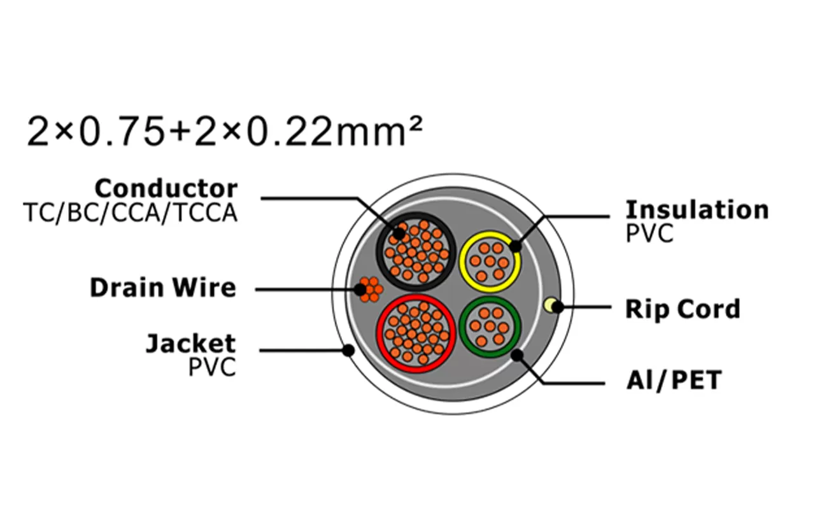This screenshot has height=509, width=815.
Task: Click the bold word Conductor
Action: tap(166, 188)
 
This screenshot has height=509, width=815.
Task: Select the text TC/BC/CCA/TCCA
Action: tap(130, 213)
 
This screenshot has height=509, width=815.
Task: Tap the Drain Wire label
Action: tap(162, 288)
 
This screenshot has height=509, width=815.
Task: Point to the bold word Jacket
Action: tap(190, 344)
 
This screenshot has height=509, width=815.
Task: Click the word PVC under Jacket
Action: tap(212, 367)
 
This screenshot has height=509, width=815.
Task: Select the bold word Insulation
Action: tap(697, 209)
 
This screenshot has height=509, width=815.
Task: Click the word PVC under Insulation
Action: tap(649, 234)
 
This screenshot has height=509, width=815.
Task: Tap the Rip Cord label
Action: tap(683, 309)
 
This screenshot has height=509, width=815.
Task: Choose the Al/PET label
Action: tap(674, 381)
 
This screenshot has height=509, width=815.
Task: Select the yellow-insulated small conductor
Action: tap(490, 261)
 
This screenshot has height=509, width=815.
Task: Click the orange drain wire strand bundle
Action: tap(369, 289)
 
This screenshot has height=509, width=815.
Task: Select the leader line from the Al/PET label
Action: tap(573, 383)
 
